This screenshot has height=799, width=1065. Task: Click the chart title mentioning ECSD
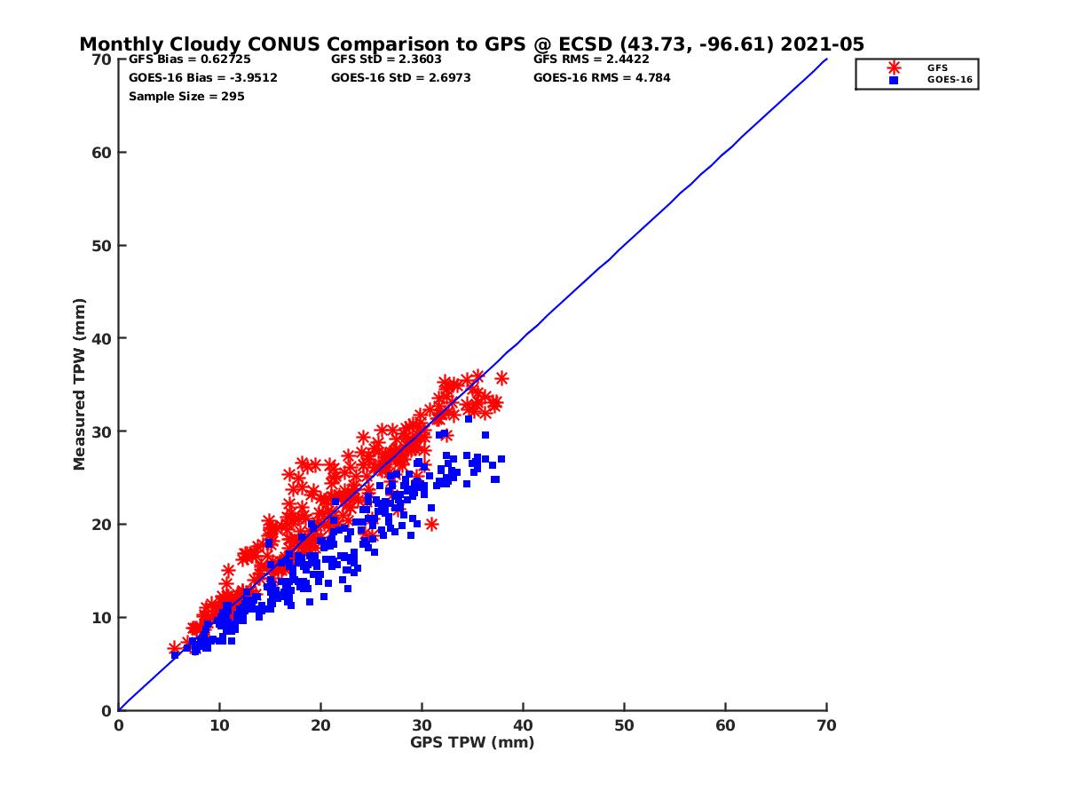tap(471, 44)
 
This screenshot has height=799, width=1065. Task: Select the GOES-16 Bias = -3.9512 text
tap(203, 77)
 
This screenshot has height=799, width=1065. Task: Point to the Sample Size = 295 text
tap(186, 96)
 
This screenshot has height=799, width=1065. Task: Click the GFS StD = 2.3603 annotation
tap(387, 59)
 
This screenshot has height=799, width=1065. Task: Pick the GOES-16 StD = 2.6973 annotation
tap(400, 77)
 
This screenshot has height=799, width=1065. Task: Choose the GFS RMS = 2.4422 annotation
tap(591, 59)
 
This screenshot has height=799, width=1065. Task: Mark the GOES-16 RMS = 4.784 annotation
tap(602, 77)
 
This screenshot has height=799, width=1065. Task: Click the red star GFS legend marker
tap(894, 67)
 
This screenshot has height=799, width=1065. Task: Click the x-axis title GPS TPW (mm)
tap(472, 742)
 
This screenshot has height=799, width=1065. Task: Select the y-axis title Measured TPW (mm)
tap(80, 384)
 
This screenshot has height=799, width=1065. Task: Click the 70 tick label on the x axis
tap(826, 725)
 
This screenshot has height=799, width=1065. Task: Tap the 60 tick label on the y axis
tap(103, 153)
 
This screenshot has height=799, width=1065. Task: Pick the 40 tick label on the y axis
tap(103, 338)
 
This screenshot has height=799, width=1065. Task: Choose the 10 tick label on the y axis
tap(103, 617)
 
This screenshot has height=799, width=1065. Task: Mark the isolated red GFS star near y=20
tap(431, 524)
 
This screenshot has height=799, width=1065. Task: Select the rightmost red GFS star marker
tap(501, 378)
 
